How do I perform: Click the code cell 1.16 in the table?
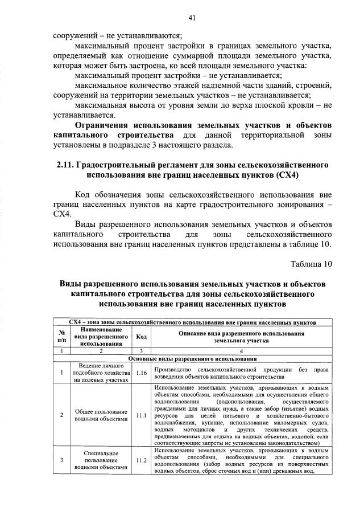pyautogui.click(x=142, y=373)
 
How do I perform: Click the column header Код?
pyautogui.click(x=142, y=337)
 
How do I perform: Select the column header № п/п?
pyautogui.click(x=61, y=337)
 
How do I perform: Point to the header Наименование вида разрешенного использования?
pyautogui.click(x=100, y=337)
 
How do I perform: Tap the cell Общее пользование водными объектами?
pyautogui.click(x=100, y=415)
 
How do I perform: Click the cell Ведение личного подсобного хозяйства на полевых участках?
pyautogui.click(x=100, y=373)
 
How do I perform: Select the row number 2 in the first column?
pyautogui.click(x=61, y=415)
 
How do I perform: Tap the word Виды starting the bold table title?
pyautogui.click(x=72, y=283)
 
